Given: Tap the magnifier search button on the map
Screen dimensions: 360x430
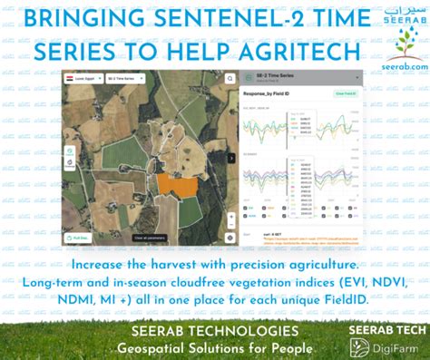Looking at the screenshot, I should point(230,79).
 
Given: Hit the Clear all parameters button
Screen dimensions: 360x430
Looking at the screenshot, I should point(150,238).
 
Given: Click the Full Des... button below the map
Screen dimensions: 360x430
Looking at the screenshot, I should point(79,238).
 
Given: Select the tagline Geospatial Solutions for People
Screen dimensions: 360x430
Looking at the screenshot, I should point(215,348).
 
